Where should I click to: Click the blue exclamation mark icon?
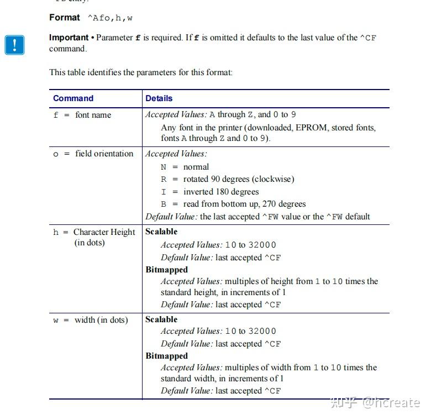click(x=15, y=45)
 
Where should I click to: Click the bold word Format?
click(x=65, y=18)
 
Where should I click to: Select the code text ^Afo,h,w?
click(x=111, y=18)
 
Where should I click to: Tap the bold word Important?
click(x=69, y=38)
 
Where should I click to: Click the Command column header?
click(x=73, y=98)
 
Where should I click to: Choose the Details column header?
click(x=159, y=98)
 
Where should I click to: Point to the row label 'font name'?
click(x=93, y=115)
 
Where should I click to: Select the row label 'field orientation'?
click(x=104, y=154)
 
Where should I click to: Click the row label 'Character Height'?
click(x=104, y=232)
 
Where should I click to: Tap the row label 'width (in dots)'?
click(x=101, y=320)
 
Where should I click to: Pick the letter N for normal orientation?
click(x=164, y=167)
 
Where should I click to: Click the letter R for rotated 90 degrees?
click(x=164, y=180)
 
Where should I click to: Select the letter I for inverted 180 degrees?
click(x=164, y=192)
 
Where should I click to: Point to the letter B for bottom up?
click(x=164, y=204)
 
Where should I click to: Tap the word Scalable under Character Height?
click(x=161, y=232)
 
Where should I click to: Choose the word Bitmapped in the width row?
click(x=166, y=356)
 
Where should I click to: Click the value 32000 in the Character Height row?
click(x=262, y=245)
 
